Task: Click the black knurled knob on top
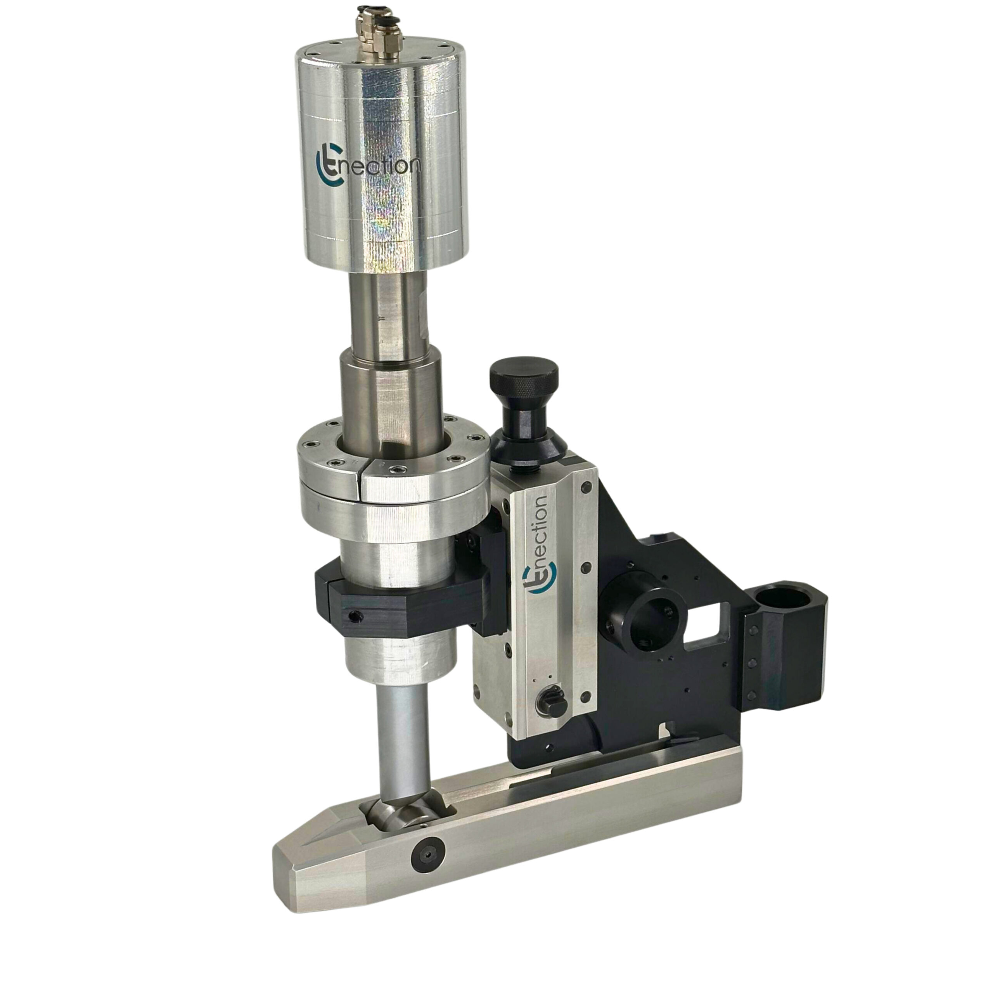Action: tap(524, 378)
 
